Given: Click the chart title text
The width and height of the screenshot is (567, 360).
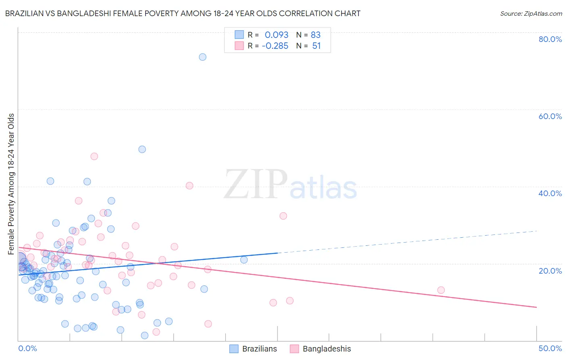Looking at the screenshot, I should tap(183, 13).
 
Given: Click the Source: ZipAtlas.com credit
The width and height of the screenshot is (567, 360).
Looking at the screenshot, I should tap(531, 13).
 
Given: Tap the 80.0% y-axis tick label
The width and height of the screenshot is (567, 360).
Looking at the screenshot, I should tap(550, 39).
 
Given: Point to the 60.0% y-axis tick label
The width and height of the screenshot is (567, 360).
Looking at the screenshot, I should tap(550, 116).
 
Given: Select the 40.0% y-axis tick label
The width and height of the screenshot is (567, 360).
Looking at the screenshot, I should tap(550, 193).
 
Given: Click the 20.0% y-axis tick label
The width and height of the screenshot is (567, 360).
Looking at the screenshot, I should tap(550, 270).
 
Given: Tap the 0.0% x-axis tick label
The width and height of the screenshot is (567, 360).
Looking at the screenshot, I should tap(27, 348).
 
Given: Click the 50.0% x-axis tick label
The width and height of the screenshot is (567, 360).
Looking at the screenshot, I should tap(550, 348).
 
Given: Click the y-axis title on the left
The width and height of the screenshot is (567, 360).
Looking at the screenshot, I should tap(11, 184).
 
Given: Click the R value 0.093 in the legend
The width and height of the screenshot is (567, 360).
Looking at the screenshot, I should tap(276, 35).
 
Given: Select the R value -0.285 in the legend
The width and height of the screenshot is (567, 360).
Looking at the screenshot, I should tap(275, 46).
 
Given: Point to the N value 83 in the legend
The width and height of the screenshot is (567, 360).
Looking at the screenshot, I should tap(315, 35).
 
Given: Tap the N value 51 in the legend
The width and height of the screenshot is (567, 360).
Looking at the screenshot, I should tap(316, 46).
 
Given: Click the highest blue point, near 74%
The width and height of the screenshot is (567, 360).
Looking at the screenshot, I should tap(202, 57).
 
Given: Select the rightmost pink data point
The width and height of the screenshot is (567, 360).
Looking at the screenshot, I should tap(441, 290).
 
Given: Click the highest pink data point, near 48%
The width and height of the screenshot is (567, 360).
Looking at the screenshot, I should tap(94, 156).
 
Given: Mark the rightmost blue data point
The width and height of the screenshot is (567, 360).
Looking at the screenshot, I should tap(244, 260).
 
